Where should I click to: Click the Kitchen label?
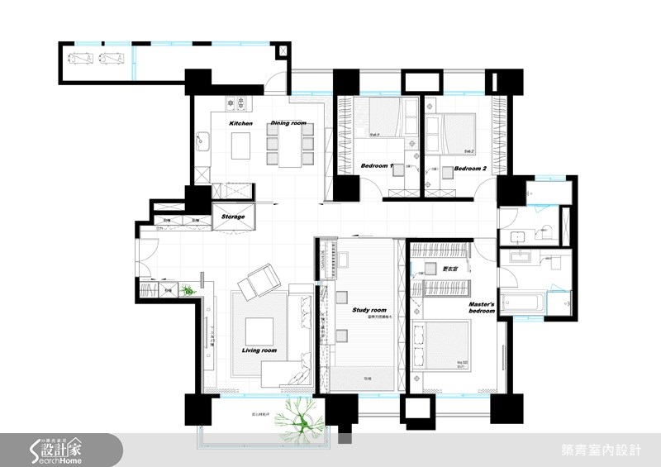240,124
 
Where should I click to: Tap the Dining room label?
288,124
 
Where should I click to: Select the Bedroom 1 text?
376,167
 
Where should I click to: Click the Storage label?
233,217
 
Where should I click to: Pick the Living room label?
259,350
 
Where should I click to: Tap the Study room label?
369,310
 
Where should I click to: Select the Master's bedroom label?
481,308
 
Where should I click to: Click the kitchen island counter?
242,147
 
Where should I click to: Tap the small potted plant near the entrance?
188,289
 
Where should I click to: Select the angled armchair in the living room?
260,281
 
